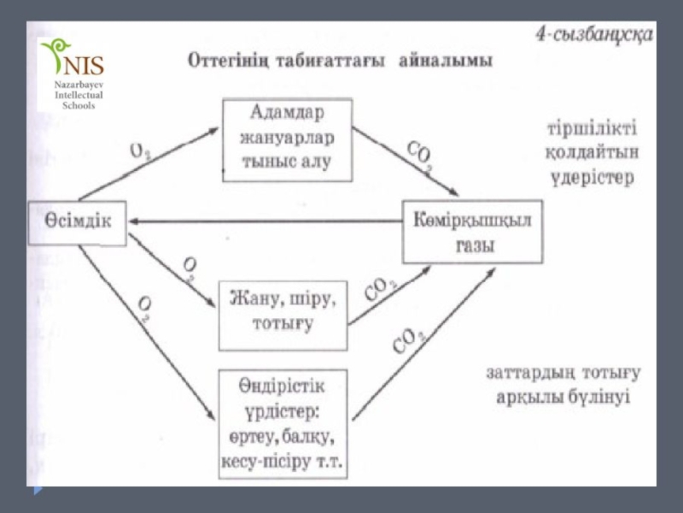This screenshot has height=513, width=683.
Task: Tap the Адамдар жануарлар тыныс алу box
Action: tap(287, 139)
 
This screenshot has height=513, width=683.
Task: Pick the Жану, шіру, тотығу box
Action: tap(283, 314)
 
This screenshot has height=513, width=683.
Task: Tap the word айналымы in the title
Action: tap(444, 64)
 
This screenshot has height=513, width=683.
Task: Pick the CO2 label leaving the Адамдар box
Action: tap(417, 156)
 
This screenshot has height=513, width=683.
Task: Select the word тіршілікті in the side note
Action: tap(591, 131)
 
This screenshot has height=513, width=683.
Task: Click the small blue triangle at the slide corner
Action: tap(38, 491)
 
